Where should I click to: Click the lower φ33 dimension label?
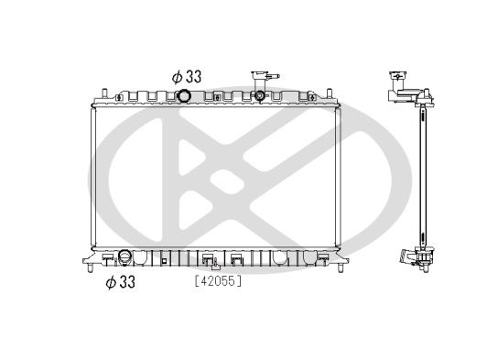coord(120,282)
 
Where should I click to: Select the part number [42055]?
coord(217,281)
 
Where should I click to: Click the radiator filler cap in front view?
coord(262,95)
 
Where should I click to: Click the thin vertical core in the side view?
coord(423,174)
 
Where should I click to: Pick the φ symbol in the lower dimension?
coord(111,282)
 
